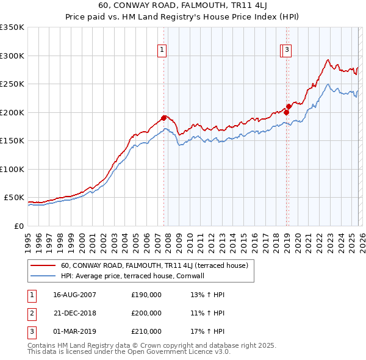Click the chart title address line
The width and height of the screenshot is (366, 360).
[182, 5]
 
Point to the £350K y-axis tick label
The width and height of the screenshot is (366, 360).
[12, 27]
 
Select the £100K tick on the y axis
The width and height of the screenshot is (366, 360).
[12, 169]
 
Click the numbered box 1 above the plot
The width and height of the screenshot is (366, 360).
[162, 51]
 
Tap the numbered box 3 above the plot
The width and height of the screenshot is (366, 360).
[287, 51]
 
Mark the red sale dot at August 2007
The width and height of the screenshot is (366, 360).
[163, 118]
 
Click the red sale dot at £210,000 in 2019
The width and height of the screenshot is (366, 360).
[289, 106]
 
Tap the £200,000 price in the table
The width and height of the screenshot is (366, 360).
[146, 313]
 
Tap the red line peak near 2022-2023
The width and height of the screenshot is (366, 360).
[328, 60]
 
